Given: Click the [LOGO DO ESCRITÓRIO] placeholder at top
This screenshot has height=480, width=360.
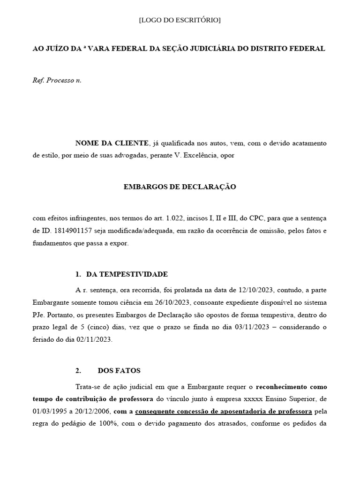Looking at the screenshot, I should (x=180, y=20).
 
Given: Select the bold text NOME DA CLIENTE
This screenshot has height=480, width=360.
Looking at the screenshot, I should (x=112, y=143).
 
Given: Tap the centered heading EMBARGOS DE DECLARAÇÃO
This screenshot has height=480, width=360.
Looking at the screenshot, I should (x=180, y=187).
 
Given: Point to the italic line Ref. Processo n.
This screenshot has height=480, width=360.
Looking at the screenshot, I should (x=57, y=80).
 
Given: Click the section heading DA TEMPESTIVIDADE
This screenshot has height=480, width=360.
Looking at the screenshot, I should (x=127, y=274).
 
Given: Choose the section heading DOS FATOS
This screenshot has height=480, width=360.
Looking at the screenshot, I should (x=119, y=370).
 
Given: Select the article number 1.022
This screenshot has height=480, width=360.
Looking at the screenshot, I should (x=173, y=218).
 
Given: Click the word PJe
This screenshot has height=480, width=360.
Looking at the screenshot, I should (x=38, y=314).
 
